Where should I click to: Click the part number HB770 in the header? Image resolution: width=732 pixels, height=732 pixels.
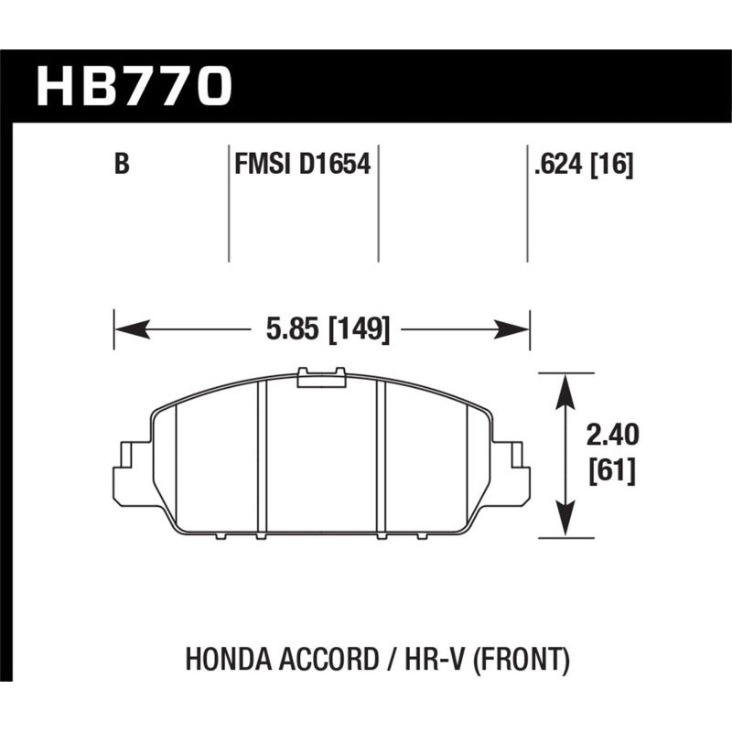coord(135,85)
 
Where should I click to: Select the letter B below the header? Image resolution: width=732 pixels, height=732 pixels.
coord(121,165)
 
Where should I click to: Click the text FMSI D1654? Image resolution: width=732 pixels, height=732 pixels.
coord(303,165)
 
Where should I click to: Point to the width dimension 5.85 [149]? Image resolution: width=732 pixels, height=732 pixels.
coord(321,328)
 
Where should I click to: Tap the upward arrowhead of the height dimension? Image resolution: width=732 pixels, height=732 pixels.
coord(566,388)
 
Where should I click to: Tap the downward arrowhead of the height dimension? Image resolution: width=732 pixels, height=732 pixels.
coord(566,522)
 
